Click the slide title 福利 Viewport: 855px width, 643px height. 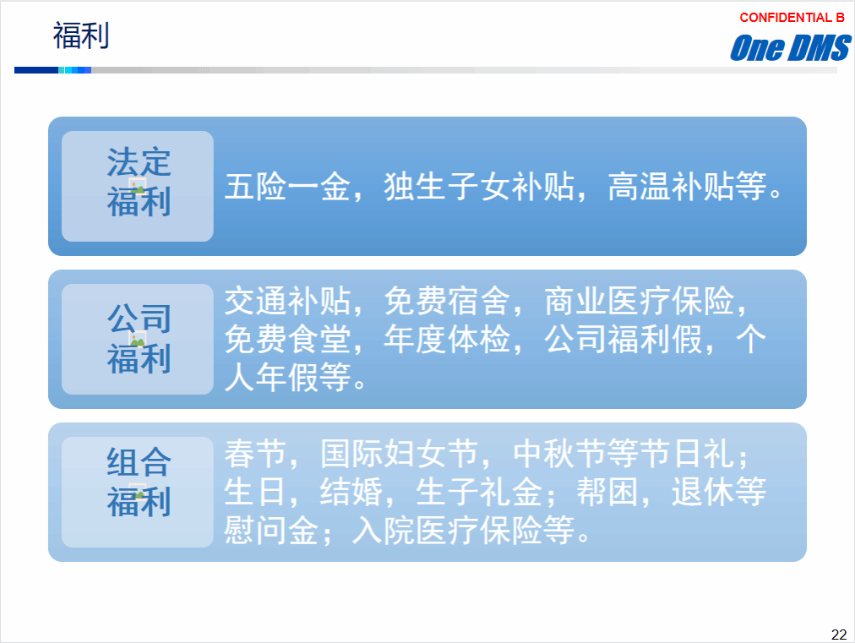[81, 35]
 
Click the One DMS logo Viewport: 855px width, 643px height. [790, 47]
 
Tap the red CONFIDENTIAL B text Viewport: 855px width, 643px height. [792, 18]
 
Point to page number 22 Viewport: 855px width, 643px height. [839, 635]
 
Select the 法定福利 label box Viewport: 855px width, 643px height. [138, 186]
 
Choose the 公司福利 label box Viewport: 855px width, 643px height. [138, 339]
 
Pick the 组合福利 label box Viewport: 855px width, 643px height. [138, 492]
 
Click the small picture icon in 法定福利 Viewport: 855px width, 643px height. [138, 185]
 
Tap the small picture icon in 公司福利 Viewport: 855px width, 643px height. [138, 339]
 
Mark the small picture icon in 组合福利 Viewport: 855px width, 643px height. [138, 492]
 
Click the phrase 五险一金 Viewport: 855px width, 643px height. [287, 187]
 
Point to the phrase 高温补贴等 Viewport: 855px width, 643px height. [687, 187]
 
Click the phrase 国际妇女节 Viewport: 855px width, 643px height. [399, 453]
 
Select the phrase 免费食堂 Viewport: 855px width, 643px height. [287, 339]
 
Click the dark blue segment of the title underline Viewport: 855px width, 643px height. [36, 70]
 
